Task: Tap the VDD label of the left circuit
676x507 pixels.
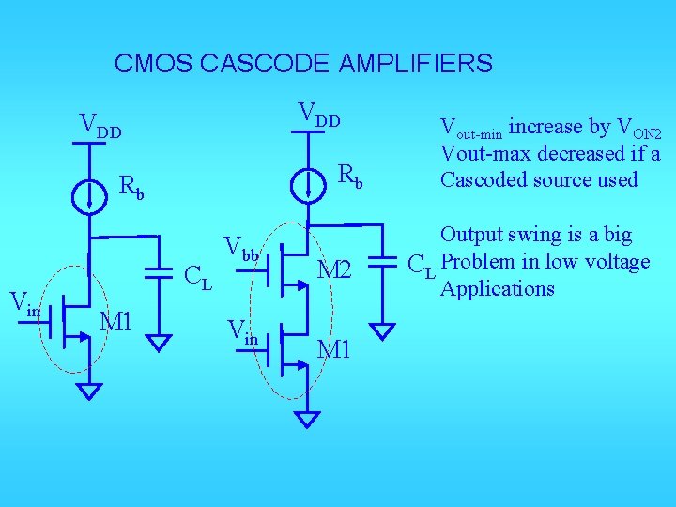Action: point(100,124)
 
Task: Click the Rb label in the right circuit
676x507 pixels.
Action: point(349,175)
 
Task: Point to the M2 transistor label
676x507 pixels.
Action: point(333,270)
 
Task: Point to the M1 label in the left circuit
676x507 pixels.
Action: point(117,320)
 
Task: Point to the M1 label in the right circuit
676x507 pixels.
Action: point(333,349)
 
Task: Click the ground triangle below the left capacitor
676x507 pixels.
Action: point(161,342)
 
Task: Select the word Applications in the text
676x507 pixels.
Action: point(498,289)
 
